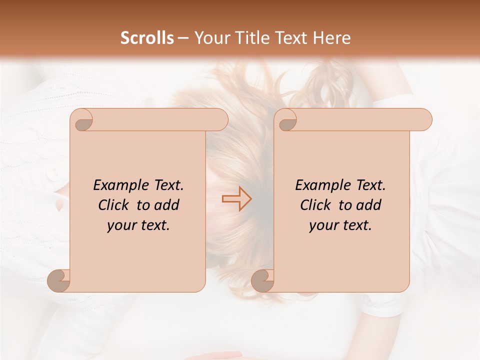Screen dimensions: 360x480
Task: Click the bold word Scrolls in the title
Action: (x=147, y=38)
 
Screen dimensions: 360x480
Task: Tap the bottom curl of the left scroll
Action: (x=58, y=280)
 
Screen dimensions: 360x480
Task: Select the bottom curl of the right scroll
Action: (x=262, y=280)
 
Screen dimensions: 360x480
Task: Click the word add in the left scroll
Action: (x=167, y=205)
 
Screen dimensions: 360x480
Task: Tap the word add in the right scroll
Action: (x=369, y=205)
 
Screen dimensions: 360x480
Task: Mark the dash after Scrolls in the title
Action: (x=183, y=38)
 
